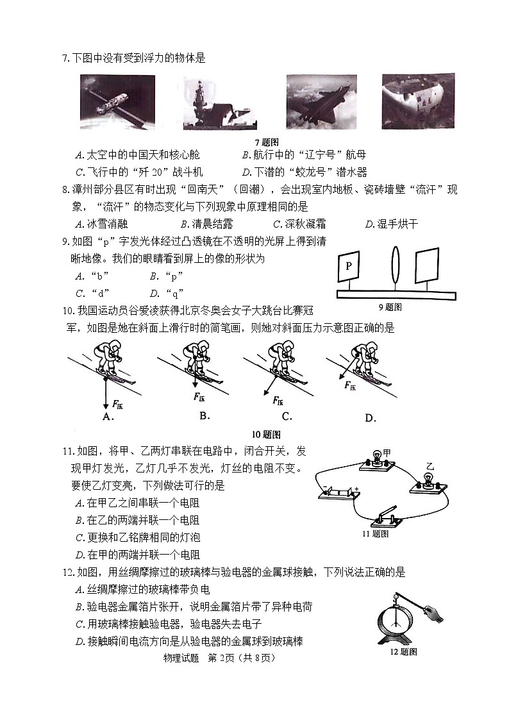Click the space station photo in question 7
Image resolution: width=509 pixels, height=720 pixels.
[118, 102]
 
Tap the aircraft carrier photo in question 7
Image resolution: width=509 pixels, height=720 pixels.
[220, 102]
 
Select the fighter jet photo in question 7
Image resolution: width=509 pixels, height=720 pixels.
[321, 102]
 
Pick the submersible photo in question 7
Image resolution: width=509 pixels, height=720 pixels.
[418, 101]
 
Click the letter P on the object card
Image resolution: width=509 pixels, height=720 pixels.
[348, 265]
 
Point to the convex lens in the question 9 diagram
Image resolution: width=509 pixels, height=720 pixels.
[394, 266]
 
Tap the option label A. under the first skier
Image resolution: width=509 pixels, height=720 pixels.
[108, 417]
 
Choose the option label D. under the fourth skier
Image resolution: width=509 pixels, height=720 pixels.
[370, 418]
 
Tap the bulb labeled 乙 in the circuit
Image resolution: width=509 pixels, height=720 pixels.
[429, 481]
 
